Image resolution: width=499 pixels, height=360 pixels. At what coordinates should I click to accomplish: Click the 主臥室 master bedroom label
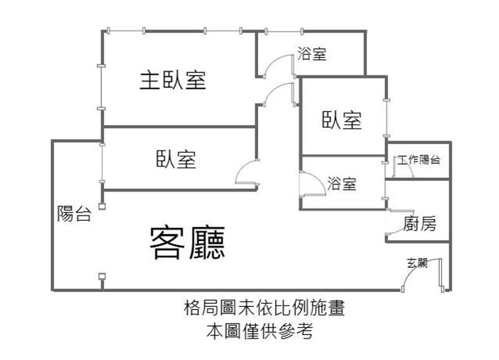(173, 80)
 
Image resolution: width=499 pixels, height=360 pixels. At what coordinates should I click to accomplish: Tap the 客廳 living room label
(188, 243)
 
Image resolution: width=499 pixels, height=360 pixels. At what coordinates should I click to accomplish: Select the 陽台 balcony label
(74, 213)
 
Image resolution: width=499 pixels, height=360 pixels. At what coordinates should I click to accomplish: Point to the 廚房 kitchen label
(419, 223)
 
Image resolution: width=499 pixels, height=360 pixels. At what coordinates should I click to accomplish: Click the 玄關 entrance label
(417, 263)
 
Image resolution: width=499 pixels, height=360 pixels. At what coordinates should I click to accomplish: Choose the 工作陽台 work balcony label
(419, 160)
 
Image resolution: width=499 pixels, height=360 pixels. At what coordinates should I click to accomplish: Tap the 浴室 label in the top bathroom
(312, 54)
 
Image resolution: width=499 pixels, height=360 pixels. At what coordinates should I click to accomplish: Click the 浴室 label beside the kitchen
(342, 183)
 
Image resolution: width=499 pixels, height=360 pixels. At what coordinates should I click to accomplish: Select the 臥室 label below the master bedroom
(176, 159)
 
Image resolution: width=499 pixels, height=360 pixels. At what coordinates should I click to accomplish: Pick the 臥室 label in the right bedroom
(342, 120)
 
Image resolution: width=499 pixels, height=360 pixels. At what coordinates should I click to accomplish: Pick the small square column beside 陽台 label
(102, 207)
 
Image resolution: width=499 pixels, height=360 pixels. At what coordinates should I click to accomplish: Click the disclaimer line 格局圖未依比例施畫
(264, 308)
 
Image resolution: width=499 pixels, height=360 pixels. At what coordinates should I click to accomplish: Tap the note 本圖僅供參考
(260, 331)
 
